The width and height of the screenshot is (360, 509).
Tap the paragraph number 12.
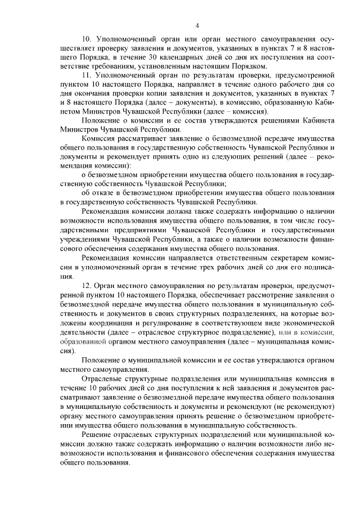point(87,286)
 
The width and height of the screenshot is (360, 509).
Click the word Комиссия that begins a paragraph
point(99,138)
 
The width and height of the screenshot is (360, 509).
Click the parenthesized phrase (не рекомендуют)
point(303,406)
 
